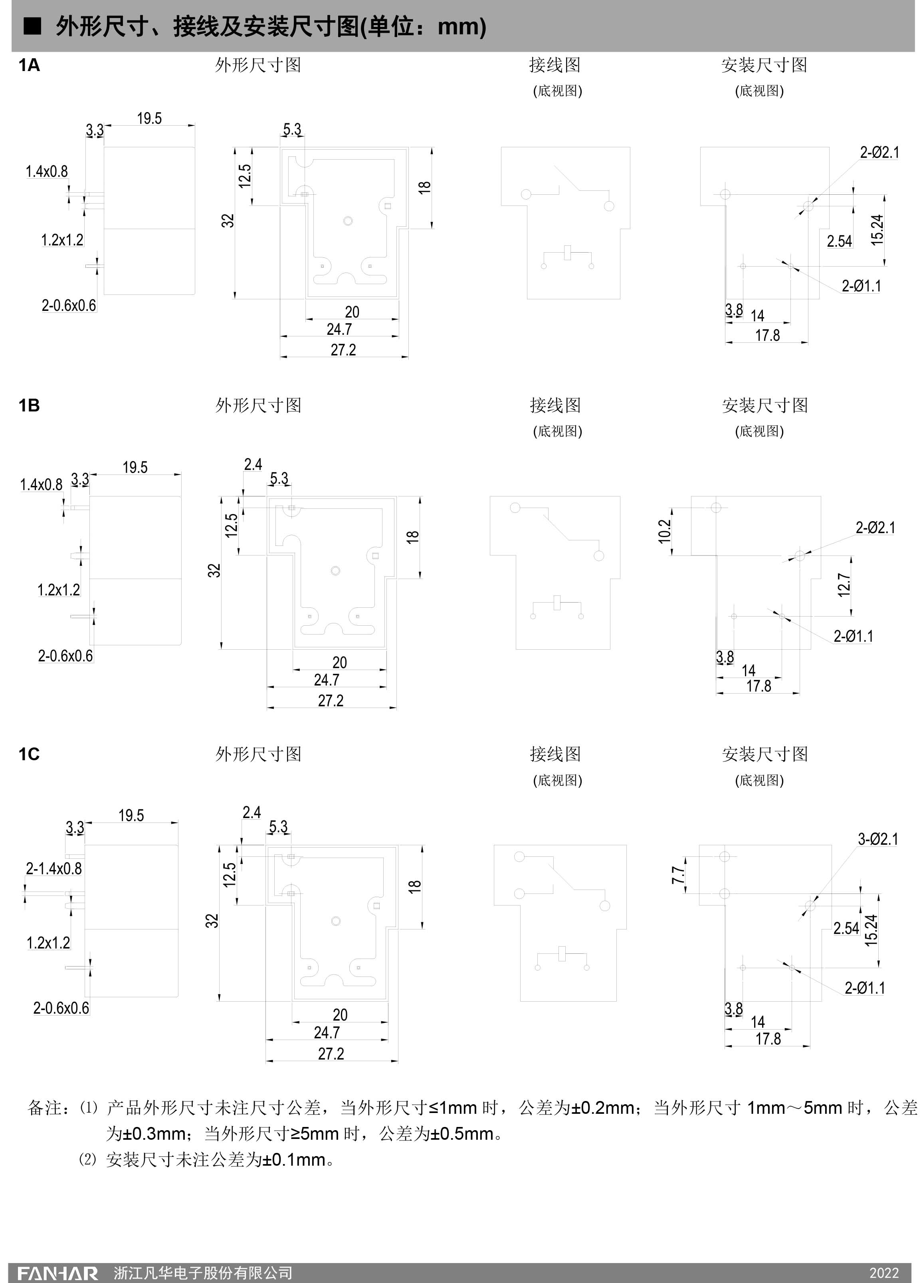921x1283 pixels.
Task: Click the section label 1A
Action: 29,65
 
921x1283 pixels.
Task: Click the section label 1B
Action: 29,405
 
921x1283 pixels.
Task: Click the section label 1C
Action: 29,754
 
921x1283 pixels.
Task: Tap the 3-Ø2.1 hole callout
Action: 877,839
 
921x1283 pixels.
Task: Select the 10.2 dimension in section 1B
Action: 665,531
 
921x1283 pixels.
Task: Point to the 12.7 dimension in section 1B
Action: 844,585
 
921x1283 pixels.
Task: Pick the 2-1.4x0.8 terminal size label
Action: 54,868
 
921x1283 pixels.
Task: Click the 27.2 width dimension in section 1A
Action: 343,350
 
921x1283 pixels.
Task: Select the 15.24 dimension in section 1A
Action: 877,230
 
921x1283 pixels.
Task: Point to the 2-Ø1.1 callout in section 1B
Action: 853,637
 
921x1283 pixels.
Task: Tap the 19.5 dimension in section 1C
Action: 131,815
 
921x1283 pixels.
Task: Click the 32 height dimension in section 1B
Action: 214,570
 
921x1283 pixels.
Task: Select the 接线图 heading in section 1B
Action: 555,405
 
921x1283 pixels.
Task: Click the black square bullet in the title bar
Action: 32,26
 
